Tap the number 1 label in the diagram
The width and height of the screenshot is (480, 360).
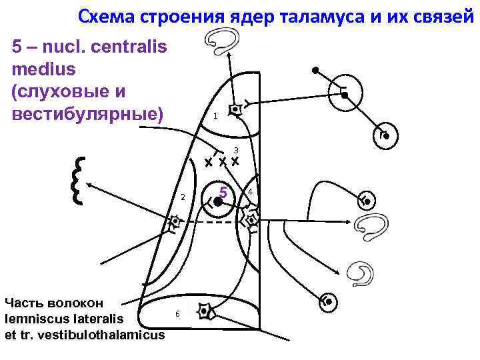point(215,117)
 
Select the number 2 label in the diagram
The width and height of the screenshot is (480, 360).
point(183,197)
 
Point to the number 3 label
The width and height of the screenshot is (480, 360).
point(235,150)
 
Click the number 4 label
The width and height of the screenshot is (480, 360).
point(249,193)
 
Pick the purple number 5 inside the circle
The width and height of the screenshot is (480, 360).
point(224,193)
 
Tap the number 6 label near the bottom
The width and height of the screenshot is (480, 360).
point(177,313)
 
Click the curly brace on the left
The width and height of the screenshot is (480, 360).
point(78,180)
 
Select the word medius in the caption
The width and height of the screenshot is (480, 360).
point(43,68)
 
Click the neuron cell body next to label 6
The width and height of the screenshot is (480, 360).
point(205,311)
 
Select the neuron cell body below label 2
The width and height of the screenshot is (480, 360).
point(175,221)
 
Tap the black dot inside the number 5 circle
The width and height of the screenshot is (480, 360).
point(217,201)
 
